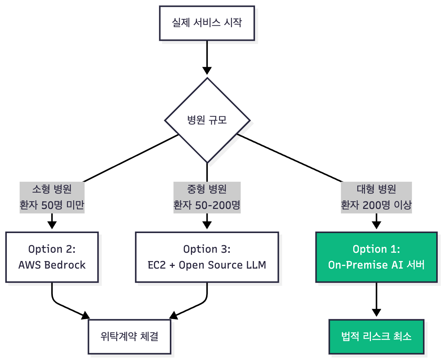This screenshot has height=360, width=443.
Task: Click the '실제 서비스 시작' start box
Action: click(x=207, y=23)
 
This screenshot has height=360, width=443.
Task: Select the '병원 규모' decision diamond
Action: click(x=207, y=121)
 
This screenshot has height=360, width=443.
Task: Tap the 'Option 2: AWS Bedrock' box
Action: click(x=52, y=257)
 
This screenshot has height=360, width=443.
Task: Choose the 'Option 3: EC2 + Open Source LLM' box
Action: click(x=207, y=257)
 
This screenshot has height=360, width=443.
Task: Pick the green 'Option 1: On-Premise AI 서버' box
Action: click(x=376, y=257)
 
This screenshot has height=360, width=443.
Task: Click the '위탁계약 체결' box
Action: click(x=129, y=336)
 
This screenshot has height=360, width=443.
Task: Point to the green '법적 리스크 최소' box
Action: click(x=376, y=336)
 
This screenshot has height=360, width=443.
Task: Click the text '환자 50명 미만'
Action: click(x=52, y=205)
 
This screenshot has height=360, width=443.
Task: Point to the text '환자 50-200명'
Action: click(x=207, y=205)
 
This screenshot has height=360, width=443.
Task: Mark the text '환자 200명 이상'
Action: click(x=376, y=205)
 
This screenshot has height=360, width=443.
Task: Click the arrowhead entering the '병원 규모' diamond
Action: click(x=207, y=71)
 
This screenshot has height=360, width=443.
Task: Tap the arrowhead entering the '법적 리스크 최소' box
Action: click(x=376, y=312)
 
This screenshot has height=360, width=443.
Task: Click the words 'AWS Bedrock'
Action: click(x=52, y=265)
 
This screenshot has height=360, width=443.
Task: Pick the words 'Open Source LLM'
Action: click(x=222, y=265)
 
